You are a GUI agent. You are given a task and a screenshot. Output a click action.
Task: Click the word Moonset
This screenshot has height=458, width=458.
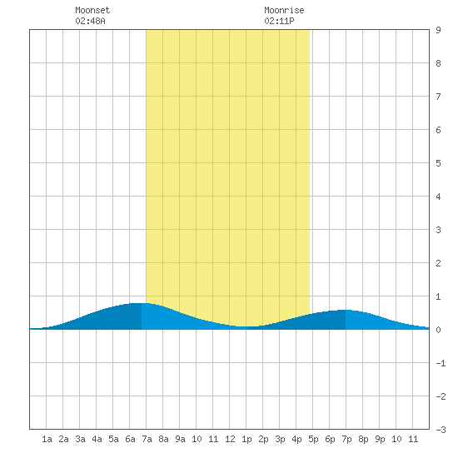[x=92, y=10]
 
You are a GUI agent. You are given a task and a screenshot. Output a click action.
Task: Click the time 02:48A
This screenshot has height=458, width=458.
[x=90, y=21]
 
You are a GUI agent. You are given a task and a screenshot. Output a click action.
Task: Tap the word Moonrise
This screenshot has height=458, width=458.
[x=284, y=10]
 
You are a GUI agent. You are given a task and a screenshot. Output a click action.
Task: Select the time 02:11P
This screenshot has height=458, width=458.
[x=279, y=21]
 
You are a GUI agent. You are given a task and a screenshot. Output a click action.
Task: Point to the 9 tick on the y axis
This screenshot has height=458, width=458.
[x=438, y=30]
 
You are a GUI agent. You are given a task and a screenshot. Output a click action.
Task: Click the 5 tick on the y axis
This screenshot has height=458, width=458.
[x=438, y=163]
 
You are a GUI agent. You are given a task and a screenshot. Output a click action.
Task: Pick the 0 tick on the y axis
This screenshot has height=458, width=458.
[x=438, y=330]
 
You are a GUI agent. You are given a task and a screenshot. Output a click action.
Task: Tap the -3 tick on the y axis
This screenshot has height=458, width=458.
[x=441, y=430]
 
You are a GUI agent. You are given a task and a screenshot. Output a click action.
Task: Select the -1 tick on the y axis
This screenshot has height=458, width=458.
[x=441, y=363]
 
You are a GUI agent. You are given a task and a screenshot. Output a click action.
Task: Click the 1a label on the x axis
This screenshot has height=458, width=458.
[x=47, y=439]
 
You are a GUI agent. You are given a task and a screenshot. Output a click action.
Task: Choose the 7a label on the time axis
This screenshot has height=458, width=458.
[x=147, y=439]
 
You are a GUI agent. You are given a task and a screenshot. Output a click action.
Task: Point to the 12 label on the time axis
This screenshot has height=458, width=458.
[x=230, y=439]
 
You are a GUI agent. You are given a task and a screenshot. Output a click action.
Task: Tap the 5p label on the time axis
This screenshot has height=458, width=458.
[x=313, y=439]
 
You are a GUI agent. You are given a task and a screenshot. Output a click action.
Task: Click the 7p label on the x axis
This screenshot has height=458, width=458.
[x=346, y=439]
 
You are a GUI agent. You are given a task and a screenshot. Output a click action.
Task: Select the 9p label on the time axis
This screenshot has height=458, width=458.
[x=380, y=439]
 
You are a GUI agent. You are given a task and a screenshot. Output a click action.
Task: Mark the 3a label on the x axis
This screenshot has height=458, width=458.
[x=80, y=439]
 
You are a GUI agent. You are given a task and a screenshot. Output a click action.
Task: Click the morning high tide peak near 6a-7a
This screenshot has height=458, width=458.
[x=141, y=303]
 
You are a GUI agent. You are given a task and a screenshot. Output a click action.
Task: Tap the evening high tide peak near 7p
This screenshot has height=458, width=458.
[x=346, y=310]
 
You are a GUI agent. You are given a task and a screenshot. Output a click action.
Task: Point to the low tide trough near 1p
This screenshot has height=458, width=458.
[x=246, y=326]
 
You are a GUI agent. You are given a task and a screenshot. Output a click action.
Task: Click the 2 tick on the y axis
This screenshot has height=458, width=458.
[x=438, y=263]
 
